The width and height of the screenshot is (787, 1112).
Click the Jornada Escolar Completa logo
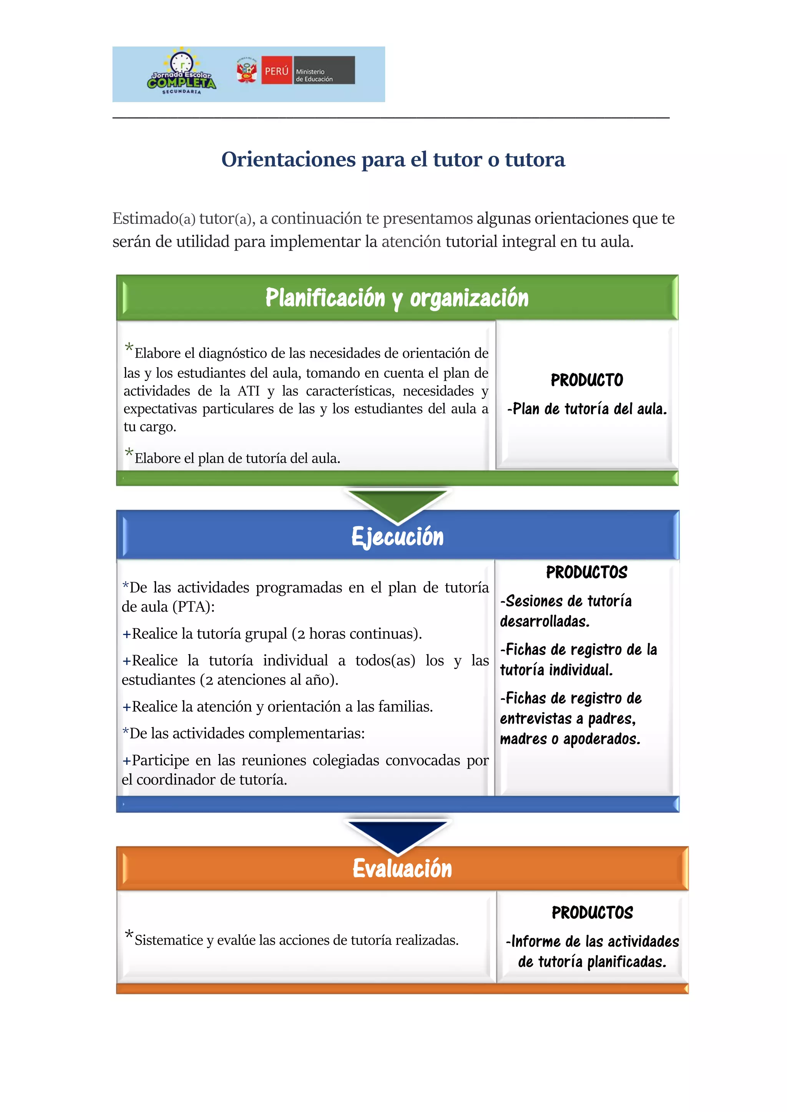click(182, 73)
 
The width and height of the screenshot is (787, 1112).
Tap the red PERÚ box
click(277, 71)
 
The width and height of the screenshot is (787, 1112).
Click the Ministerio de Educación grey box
click(324, 71)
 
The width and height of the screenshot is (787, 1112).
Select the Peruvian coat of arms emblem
click(247, 71)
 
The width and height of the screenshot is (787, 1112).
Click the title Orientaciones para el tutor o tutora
click(393, 159)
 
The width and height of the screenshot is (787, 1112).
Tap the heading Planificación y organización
click(397, 298)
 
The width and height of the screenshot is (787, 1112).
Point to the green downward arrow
click(397, 504)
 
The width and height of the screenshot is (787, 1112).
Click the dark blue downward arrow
click(397, 836)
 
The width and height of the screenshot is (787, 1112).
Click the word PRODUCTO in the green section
click(587, 380)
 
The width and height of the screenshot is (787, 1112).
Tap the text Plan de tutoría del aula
click(589, 409)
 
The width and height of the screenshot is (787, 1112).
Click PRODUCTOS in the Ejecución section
click(586, 573)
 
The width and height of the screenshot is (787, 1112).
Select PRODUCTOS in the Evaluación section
click(592, 913)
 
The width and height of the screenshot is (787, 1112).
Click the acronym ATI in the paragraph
click(249, 391)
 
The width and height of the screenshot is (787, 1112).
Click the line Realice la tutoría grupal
click(276, 634)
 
